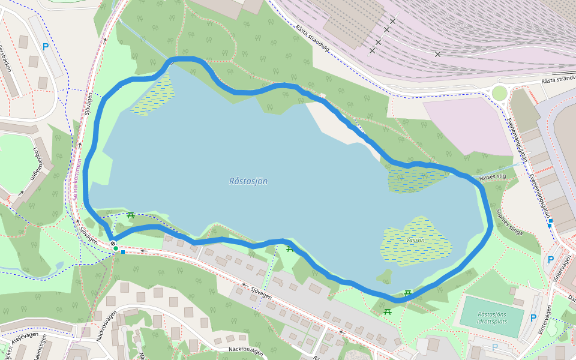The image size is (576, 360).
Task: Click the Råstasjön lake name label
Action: click(x=248, y=181)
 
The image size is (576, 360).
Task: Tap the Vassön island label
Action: click(x=415, y=240)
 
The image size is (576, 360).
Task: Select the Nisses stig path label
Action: click(x=493, y=177)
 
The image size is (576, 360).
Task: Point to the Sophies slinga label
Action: click(x=509, y=222)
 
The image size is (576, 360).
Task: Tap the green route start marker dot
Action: click(x=115, y=248)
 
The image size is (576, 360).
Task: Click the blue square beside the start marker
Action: click(x=123, y=252)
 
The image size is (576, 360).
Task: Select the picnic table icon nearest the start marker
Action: click(x=130, y=215)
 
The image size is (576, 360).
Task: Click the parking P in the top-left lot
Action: click(x=46, y=46)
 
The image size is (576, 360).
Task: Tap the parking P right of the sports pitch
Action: click(x=533, y=317)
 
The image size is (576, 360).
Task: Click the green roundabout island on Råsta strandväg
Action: click(x=499, y=93)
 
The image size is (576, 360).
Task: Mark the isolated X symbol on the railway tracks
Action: click(x=437, y=55)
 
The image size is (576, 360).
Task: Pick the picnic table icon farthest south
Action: click(x=388, y=311)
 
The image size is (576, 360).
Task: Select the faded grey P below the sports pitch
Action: click(x=495, y=346)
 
